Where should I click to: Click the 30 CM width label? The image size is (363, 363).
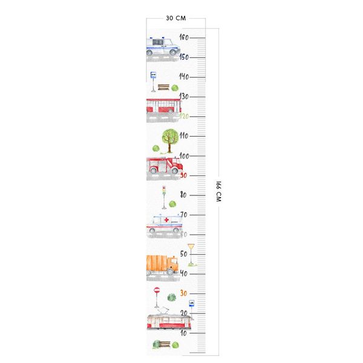click(x=175, y=18)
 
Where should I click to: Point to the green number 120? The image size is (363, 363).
click(x=184, y=116)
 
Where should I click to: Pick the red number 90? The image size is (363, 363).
click(x=184, y=175)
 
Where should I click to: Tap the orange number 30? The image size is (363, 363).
click(x=184, y=293)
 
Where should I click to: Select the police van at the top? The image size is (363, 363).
click(x=163, y=46)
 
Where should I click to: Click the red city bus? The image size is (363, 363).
click(x=163, y=106)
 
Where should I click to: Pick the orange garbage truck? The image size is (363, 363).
click(x=162, y=264)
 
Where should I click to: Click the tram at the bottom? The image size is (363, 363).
click(x=169, y=321)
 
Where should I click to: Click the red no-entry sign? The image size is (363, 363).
click(x=157, y=292)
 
